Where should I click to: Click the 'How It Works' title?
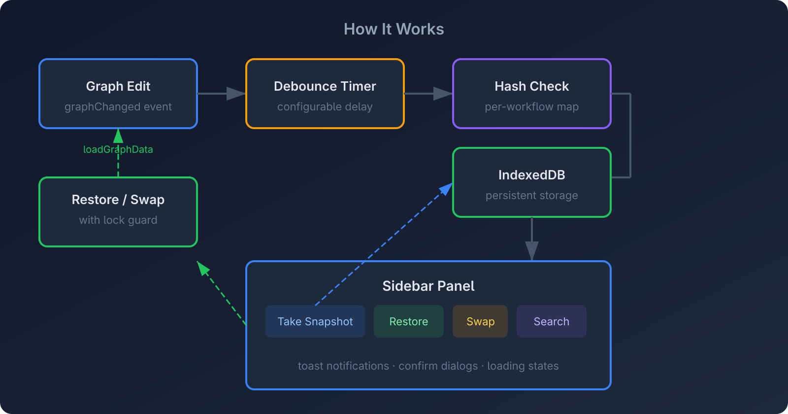click(394, 29)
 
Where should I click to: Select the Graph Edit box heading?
click(118, 86)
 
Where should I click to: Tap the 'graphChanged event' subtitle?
click(118, 106)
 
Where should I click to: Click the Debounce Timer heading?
click(325, 86)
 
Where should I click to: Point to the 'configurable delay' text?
click(325, 106)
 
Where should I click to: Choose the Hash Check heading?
click(532, 86)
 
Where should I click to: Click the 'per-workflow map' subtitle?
click(532, 106)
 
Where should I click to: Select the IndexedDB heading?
click(532, 175)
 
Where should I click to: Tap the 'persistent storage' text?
click(532, 195)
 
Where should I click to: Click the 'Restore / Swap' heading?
click(118, 200)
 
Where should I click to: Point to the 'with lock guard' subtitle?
click(118, 220)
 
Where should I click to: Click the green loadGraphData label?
click(118, 149)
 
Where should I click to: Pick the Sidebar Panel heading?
click(428, 286)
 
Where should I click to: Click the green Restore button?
click(409, 321)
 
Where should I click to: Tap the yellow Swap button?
click(480, 321)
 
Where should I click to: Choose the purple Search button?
click(552, 321)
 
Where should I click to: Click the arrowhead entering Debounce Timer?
click(236, 94)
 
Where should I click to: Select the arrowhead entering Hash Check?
click(443, 94)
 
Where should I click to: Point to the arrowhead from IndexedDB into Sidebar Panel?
click(532, 251)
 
